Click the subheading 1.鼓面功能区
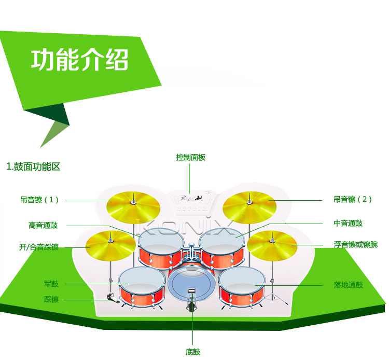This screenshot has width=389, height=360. coord(34,167)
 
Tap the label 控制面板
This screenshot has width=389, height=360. coord(190,157)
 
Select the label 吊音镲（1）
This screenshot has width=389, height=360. coord(40,200)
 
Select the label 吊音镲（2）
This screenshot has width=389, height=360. coord(353,199)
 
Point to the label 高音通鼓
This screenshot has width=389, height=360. coord(43,225)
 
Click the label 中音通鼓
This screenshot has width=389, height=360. coord(348,224)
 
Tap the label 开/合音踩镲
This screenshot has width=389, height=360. coord(39,247)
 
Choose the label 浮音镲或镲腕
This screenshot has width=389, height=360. coord(356,244)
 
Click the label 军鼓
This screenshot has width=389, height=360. coord(51,284)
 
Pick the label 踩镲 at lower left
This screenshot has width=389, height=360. coord(51,299)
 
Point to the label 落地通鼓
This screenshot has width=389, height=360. coord(348,285)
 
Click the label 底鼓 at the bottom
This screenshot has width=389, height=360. coord(193,352)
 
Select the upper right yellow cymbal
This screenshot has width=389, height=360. coord(249,206)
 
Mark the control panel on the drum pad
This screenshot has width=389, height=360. coord(190,202)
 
